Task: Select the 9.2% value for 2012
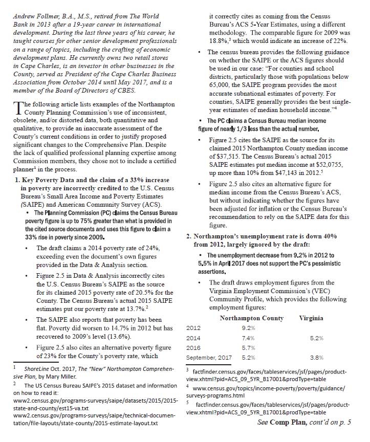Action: (248, 327)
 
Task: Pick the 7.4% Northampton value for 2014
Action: (248, 338)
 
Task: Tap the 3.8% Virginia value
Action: (317, 357)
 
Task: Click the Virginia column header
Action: (311, 318)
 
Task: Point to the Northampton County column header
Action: (251, 318)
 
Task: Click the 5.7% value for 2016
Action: (248, 348)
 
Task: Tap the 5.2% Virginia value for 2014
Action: (317, 338)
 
